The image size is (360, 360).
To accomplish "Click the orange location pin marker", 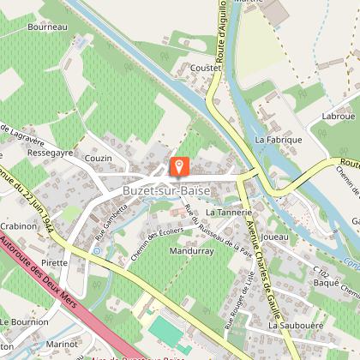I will point(179,165).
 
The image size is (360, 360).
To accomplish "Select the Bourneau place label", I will point(46,27).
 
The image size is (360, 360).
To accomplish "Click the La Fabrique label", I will point(279,138).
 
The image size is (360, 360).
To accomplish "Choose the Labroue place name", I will point(338,116).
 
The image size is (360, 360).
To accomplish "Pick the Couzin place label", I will point(99,158).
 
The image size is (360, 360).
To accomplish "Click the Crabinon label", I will point(18,225).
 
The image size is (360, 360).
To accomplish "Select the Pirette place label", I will point(54,262).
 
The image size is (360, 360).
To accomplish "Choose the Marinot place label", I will point(62,345).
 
